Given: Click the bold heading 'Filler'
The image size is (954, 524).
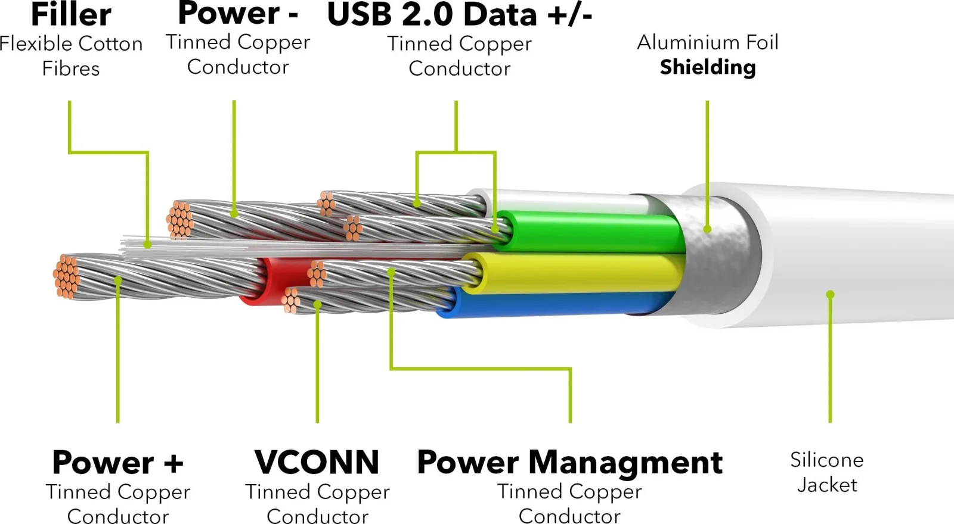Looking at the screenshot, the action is click(71, 14).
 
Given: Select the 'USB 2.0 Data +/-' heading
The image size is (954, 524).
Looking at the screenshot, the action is click(460, 14).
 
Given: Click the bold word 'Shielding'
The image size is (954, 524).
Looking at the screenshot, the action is click(708, 68).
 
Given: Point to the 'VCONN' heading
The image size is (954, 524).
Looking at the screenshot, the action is click(317, 462).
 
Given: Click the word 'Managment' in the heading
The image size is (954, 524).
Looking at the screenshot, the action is click(625, 463).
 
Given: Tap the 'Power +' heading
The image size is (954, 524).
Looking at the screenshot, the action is click(117, 462).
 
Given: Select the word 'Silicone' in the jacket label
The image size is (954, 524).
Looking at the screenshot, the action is click(826, 460).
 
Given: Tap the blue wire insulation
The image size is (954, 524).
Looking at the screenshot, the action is click(554, 303).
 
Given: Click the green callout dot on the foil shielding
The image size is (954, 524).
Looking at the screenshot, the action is click(707, 229).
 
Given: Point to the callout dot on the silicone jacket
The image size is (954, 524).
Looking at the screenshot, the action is click(830, 294).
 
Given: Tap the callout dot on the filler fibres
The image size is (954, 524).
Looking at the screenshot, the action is click(147, 245).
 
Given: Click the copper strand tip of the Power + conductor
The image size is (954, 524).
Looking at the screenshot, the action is click(66, 277).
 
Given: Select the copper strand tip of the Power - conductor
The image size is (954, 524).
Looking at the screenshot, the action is click(179, 220).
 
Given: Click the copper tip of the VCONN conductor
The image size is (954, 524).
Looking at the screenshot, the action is click(291, 300).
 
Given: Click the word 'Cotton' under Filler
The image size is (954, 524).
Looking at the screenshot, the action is click(110, 44).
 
